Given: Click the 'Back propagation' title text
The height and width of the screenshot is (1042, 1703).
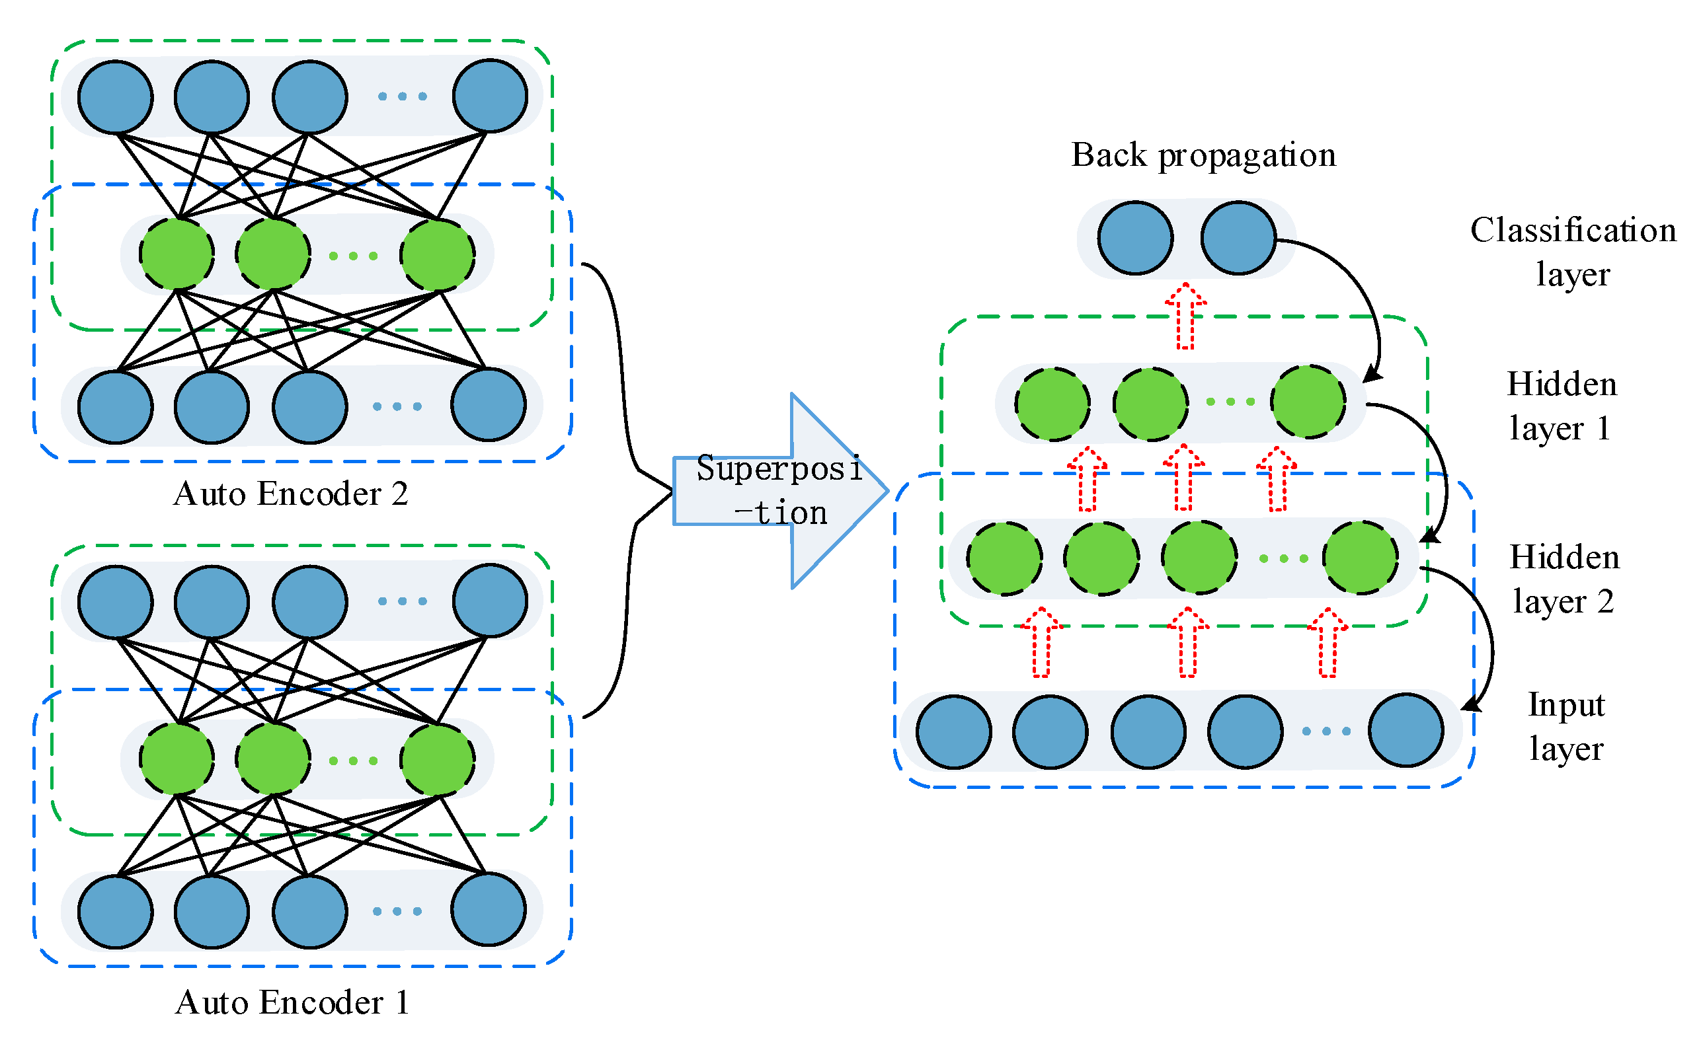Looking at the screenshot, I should click(1203, 155).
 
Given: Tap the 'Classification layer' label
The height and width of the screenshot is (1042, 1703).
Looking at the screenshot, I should click(1573, 252).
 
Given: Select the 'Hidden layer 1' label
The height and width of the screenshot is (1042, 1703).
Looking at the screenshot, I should click(1562, 406).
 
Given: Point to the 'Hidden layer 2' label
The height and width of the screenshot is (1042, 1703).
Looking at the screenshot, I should click(1564, 579).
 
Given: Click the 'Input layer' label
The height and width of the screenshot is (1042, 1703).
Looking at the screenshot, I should click(1566, 726).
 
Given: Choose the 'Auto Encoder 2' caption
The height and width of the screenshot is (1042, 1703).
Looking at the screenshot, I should click(290, 494).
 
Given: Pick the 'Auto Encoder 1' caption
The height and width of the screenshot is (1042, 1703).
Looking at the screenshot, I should click(292, 1002).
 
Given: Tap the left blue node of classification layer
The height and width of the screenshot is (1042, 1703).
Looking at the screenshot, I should click(1136, 239).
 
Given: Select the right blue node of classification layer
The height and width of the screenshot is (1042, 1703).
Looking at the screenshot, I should click(1238, 239).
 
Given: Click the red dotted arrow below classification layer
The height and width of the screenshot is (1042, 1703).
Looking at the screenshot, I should click(1186, 316).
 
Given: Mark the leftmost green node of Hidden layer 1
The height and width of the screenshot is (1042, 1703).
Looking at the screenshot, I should click(1052, 404).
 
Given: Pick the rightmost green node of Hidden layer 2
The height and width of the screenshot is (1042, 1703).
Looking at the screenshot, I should click(1360, 558).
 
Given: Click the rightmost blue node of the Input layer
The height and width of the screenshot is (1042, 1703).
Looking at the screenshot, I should click(1406, 730).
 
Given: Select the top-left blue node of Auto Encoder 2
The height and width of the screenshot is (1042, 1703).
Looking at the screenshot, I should click(116, 96).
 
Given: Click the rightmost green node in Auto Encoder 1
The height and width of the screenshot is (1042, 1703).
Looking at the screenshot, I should click(438, 760).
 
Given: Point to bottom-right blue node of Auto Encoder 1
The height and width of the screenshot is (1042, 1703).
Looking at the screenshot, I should click(489, 909).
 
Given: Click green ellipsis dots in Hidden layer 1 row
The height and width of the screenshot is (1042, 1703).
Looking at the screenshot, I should click(1230, 402).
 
